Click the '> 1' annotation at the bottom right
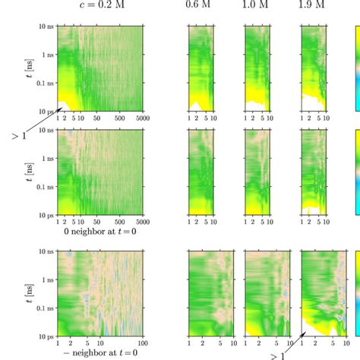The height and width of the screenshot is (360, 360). pyautogui.click(x=282, y=354)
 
